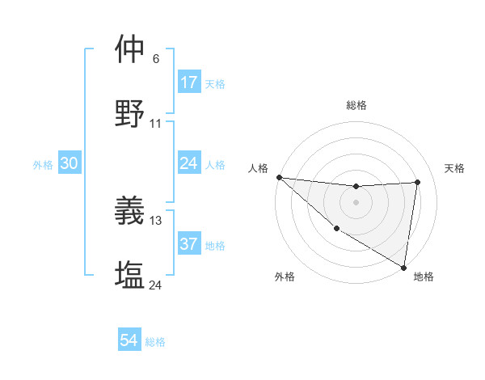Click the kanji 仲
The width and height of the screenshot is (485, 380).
pyautogui.click(x=130, y=49)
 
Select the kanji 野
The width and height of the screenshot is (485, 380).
pyautogui.click(x=130, y=114)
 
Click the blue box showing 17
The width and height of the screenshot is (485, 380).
pyautogui.click(x=189, y=82)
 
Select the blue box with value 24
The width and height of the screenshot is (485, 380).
pyautogui.click(x=189, y=164)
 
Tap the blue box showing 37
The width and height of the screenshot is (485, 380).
pyautogui.click(x=189, y=244)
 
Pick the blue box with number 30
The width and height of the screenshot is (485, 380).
pyautogui.click(x=70, y=163)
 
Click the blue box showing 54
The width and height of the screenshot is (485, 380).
pyautogui.click(x=129, y=340)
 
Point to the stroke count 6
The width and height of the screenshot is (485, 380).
pyautogui.click(x=156, y=59)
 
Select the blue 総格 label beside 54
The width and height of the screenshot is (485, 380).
pyautogui.click(x=155, y=342)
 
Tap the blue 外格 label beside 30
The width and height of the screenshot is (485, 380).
pyautogui.click(x=43, y=165)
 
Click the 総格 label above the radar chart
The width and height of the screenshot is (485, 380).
pyautogui.click(x=356, y=105)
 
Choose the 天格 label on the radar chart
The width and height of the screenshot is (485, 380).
pyautogui.click(x=454, y=168)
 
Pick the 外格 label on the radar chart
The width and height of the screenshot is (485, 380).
pyautogui.click(x=285, y=277)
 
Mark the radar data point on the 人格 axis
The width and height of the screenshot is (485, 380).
pyautogui.click(x=279, y=177)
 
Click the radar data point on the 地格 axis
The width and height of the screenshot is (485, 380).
pyautogui.click(x=403, y=267)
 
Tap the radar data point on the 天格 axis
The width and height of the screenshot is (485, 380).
pyautogui.click(x=418, y=182)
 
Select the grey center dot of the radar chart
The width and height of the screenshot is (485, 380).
pyautogui.click(x=356, y=202)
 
